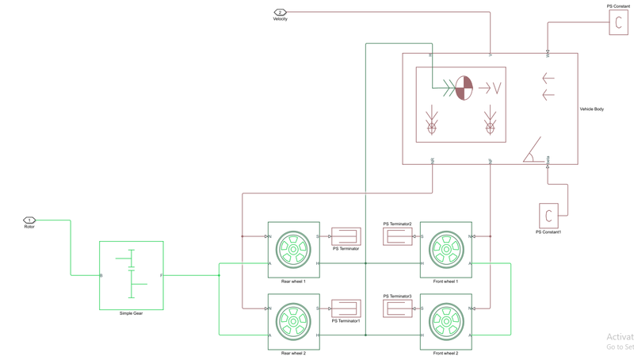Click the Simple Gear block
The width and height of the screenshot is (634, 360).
132,275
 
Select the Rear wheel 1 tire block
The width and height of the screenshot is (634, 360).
293,250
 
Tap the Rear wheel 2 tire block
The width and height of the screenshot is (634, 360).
293,322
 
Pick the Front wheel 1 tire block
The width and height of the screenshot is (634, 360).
445,250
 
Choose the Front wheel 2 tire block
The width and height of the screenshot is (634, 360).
445,322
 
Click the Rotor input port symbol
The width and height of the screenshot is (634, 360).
29,220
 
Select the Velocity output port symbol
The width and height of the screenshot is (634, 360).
280,13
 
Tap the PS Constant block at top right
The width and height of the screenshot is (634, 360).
618,23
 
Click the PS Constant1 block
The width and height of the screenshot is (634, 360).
548,216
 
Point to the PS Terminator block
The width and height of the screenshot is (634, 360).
346,236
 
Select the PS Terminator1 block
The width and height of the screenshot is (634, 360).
346,308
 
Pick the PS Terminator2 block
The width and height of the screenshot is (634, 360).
397,236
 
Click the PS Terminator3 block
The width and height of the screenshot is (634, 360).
397,308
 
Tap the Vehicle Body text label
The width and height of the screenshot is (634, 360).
591,109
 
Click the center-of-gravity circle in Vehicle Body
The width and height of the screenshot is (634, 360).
464,88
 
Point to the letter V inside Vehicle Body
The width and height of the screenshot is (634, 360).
497,88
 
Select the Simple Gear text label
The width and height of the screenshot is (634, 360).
132,313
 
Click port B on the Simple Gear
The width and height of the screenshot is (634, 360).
101,275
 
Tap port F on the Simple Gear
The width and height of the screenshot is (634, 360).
161,275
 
